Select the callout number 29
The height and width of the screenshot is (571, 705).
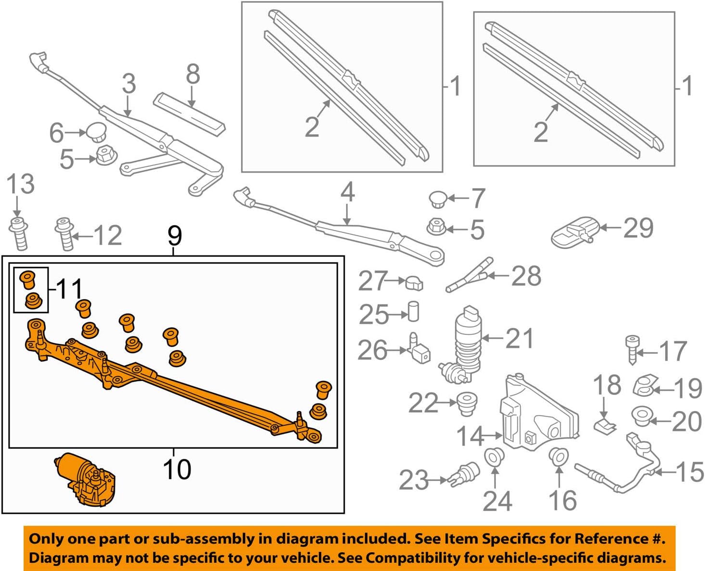[638, 228]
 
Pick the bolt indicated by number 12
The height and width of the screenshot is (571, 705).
[64, 234]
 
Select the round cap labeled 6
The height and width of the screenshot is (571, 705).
[96, 131]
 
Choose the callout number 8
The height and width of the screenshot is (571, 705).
[192, 75]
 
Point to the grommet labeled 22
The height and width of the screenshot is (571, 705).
[466, 404]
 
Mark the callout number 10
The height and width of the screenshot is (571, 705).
[177, 469]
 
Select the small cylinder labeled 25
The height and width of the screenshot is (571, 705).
[413, 312]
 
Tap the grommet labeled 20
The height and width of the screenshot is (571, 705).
[640, 416]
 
